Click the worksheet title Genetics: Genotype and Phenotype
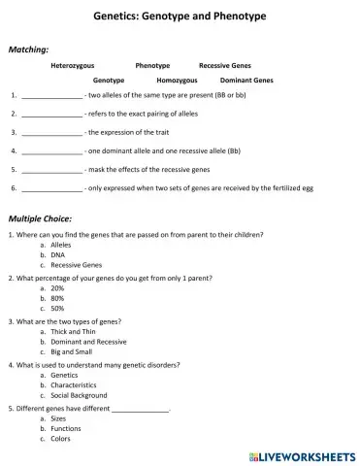coord(180,17)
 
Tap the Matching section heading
coord(29,49)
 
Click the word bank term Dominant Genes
coord(246,81)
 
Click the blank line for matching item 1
coord(51,97)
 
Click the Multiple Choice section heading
coord(38,219)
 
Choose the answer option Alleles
coord(63,246)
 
